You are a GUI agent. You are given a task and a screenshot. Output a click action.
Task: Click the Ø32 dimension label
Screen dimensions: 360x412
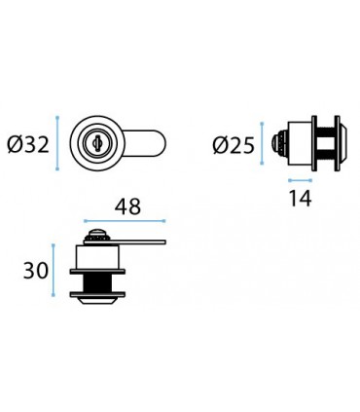(x=28, y=144)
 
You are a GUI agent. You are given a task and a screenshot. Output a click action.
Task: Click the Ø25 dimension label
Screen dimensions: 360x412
(x=234, y=145)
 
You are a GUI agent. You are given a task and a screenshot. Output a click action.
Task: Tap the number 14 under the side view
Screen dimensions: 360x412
(x=300, y=198)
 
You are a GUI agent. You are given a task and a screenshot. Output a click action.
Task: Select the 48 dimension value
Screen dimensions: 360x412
(x=127, y=206)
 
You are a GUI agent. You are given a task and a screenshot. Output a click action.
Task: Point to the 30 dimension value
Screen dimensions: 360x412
(x=36, y=271)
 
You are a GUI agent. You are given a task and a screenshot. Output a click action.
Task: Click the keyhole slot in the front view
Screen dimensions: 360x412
(x=96, y=142)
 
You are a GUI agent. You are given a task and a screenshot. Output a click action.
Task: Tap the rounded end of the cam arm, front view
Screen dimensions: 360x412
(x=161, y=143)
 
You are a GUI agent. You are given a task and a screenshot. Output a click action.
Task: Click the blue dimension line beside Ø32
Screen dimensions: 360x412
(x=57, y=143)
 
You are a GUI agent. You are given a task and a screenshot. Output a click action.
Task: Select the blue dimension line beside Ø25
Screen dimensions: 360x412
(x=262, y=143)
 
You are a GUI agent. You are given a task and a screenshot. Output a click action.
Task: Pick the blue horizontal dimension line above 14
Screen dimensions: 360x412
(x=300, y=180)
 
